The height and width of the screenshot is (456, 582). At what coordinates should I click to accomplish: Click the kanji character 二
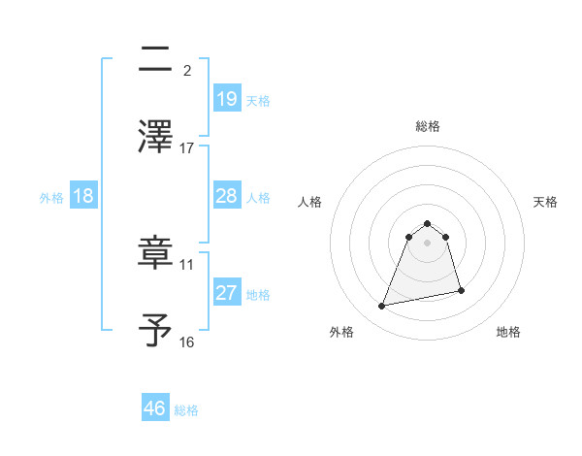(x=156, y=61)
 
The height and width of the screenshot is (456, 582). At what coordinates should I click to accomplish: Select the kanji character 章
(x=156, y=254)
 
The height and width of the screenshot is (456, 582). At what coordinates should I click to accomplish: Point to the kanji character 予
(x=156, y=330)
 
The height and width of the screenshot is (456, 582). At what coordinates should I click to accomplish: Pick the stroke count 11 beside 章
(x=187, y=264)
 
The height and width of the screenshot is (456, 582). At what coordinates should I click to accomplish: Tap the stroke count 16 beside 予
(x=187, y=342)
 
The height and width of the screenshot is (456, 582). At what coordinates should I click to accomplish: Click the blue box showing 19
(x=226, y=98)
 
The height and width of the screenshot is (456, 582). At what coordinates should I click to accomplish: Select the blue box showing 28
(x=226, y=196)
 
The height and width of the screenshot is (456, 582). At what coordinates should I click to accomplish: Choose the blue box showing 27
(x=226, y=293)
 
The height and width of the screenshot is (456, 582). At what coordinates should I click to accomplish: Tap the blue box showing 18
(x=83, y=196)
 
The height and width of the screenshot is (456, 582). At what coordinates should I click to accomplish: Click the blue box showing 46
(x=155, y=407)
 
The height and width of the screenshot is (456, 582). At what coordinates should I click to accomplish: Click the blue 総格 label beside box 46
(x=186, y=410)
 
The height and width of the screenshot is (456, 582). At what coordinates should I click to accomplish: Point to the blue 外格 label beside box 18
(x=51, y=198)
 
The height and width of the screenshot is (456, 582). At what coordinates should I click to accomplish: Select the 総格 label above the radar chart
(x=428, y=126)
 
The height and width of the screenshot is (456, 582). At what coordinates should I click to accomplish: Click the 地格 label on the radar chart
(x=508, y=332)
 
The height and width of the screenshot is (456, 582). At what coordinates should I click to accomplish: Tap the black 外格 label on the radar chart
(x=341, y=332)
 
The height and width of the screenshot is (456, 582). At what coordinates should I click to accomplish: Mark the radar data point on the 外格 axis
(x=382, y=307)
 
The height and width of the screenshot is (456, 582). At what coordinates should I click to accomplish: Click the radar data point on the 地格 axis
(x=461, y=291)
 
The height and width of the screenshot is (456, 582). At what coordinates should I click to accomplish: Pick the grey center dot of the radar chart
(x=428, y=242)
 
